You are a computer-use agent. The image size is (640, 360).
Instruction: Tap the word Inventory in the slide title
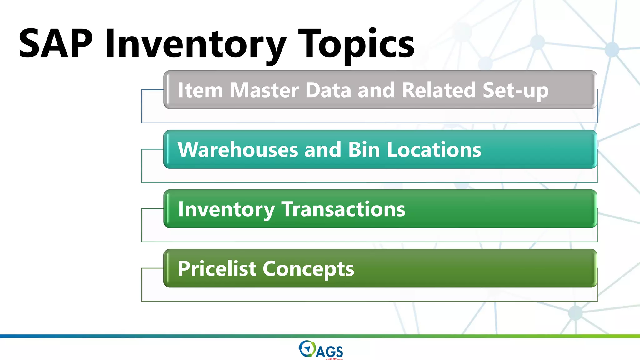[196, 44]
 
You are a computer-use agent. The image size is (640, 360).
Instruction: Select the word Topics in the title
[356, 44]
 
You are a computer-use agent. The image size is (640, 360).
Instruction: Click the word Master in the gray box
[264, 90]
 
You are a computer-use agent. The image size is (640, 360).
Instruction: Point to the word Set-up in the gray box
[516, 91]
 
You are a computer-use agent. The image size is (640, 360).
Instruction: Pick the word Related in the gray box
[438, 90]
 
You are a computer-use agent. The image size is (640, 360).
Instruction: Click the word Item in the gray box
[200, 90]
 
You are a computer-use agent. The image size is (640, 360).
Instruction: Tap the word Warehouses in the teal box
[238, 149]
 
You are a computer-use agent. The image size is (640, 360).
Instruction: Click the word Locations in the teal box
[434, 149]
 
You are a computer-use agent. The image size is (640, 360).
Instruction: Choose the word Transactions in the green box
[343, 209]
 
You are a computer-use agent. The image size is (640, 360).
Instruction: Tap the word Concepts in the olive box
[308, 269]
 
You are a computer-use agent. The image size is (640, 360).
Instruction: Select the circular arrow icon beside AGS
[307, 349]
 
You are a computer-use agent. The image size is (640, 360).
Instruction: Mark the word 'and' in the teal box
[322, 149]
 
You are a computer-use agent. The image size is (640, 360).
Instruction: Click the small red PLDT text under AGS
[332, 359]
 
